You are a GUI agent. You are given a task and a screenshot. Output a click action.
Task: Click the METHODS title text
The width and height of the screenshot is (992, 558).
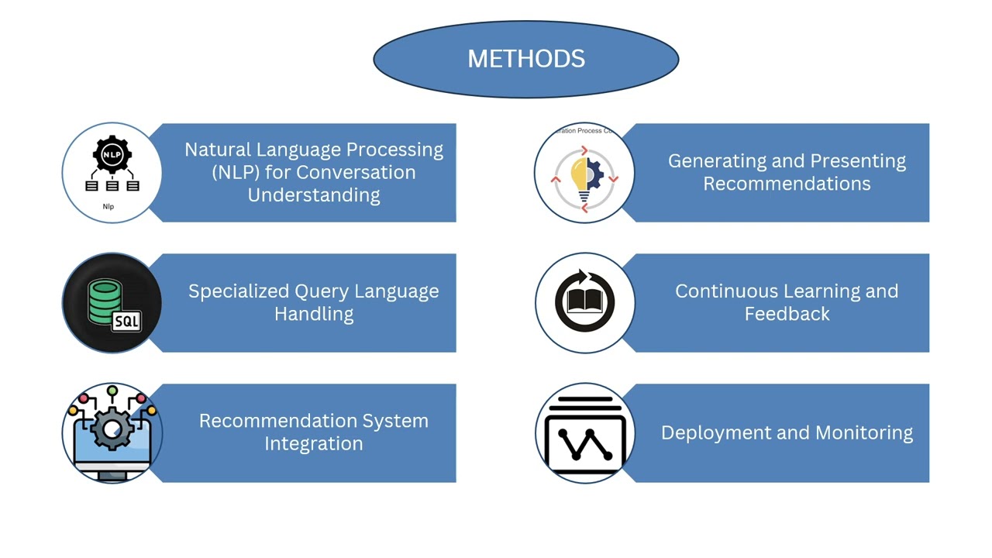point(526,59)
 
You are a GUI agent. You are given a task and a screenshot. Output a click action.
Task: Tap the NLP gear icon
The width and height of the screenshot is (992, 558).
point(112,156)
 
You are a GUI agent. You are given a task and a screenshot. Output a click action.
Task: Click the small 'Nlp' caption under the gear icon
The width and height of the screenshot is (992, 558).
point(108,206)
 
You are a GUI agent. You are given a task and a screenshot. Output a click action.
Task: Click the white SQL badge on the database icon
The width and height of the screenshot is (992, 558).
point(126,321)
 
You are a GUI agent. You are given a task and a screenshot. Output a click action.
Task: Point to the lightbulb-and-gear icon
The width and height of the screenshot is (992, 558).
point(584,176)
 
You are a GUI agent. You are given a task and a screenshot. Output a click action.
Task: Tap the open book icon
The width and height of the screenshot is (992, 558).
point(584,302)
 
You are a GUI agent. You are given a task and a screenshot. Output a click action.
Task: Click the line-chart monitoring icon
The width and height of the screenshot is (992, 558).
point(584,434)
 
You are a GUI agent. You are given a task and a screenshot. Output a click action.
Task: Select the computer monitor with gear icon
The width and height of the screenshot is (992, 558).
point(112,432)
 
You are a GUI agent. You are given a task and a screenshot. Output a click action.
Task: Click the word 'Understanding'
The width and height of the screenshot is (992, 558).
point(314,195)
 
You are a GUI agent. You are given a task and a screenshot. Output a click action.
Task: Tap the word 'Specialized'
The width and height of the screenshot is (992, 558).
point(238,291)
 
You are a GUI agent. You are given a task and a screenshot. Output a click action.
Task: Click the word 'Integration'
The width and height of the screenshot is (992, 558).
point(314,443)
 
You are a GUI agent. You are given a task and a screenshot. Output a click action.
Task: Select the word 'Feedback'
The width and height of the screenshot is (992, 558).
point(787,314)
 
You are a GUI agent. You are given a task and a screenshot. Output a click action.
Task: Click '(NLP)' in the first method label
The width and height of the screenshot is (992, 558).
point(235,172)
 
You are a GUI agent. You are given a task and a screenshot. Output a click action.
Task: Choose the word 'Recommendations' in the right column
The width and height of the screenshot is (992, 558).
point(787,184)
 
